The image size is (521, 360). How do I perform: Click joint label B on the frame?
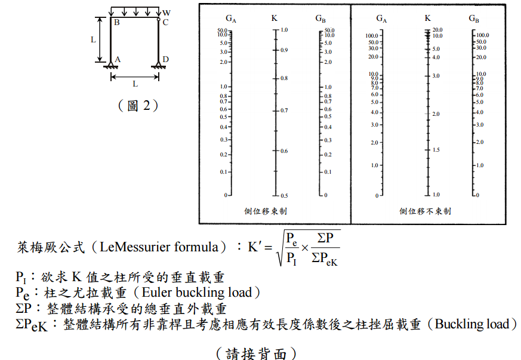[x=117, y=23]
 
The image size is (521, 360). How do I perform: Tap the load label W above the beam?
[x=166, y=12]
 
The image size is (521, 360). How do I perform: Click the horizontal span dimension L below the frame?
[x=135, y=84]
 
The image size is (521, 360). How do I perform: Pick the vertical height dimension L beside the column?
[x=93, y=40]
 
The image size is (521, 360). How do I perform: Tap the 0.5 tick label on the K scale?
[x=285, y=196]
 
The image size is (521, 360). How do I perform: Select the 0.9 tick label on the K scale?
[x=285, y=50]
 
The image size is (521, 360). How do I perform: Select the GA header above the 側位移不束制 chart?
[x=381, y=19]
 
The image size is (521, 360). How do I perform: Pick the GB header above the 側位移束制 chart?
[x=320, y=19]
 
